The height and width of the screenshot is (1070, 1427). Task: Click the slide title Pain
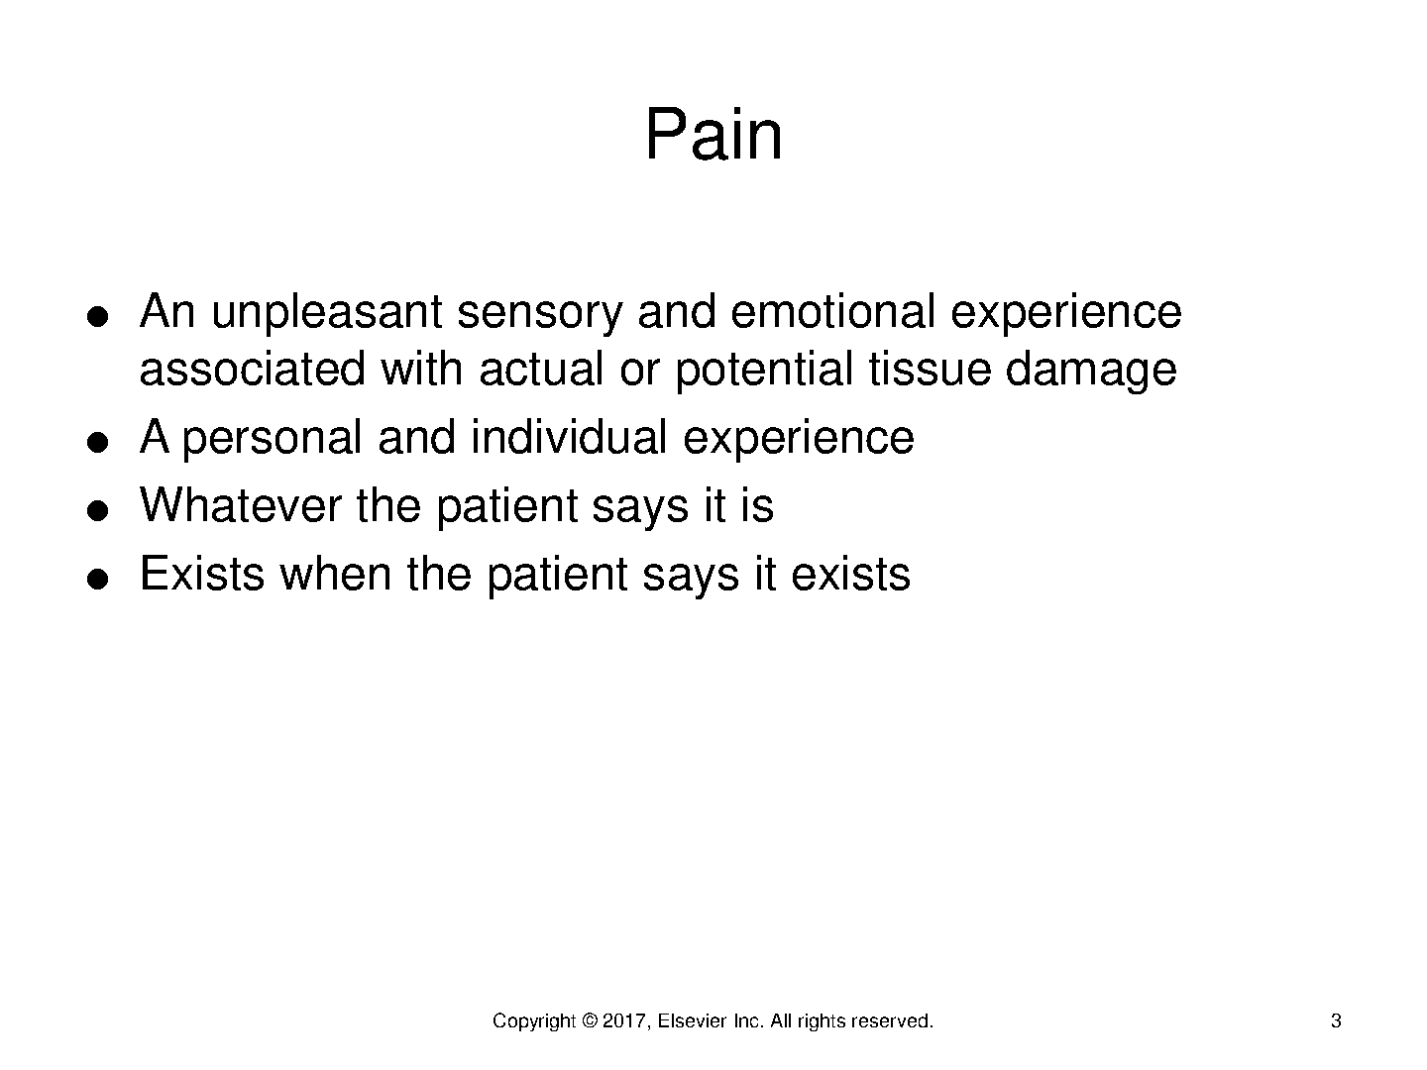coord(713,134)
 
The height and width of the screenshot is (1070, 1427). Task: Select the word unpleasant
coord(327,313)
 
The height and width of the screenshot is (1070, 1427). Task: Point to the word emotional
coord(832,311)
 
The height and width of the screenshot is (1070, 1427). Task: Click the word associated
coord(253,369)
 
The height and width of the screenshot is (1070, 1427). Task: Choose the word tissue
coord(930,369)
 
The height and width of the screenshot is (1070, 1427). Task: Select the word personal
coord(272,439)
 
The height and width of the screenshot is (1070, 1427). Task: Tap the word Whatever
coord(241,505)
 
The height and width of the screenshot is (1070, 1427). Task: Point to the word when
coord(336,573)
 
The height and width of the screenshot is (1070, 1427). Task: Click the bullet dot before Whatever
coord(97,510)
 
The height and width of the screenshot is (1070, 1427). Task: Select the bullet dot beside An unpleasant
coord(97,316)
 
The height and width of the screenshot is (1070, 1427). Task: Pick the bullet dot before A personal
coord(97,442)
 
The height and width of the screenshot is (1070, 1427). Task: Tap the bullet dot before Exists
coord(97,579)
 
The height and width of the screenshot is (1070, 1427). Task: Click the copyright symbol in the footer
coord(590,1020)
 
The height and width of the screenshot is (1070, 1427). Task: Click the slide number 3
coord(1335,1020)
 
